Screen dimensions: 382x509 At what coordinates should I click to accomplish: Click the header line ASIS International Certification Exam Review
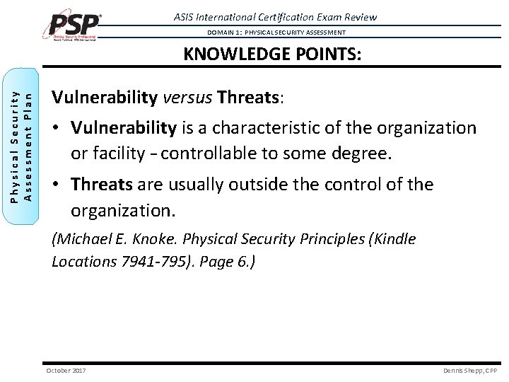click(275, 17)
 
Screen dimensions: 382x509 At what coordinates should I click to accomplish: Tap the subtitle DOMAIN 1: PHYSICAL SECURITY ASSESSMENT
click(276, 33)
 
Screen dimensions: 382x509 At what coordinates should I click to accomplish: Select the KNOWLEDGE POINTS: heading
click(273, 55)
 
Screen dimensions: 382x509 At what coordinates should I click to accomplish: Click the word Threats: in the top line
click(250, 97)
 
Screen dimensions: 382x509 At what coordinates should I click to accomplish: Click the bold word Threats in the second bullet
click(101, 185)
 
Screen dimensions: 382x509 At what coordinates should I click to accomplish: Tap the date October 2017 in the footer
click(66, 370)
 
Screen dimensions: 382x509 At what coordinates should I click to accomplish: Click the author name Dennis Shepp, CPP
click(470, 370)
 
